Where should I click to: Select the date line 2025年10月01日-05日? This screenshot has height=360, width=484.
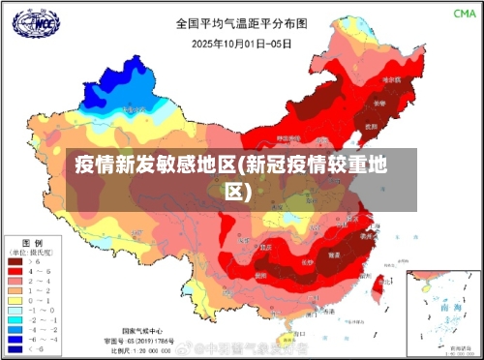(x=242, y=44)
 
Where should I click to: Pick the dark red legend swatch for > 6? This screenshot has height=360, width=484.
(x=16, y=261)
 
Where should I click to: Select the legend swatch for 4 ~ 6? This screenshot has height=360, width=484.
(x=16, y=271)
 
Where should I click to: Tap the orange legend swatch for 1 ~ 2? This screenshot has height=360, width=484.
(x=16, y=290)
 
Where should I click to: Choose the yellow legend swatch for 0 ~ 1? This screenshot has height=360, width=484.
(x=16, y=300)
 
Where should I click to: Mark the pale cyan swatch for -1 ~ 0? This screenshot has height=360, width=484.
(x=16, y=310)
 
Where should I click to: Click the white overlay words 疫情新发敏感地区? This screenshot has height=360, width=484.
(x=156, y=164)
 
